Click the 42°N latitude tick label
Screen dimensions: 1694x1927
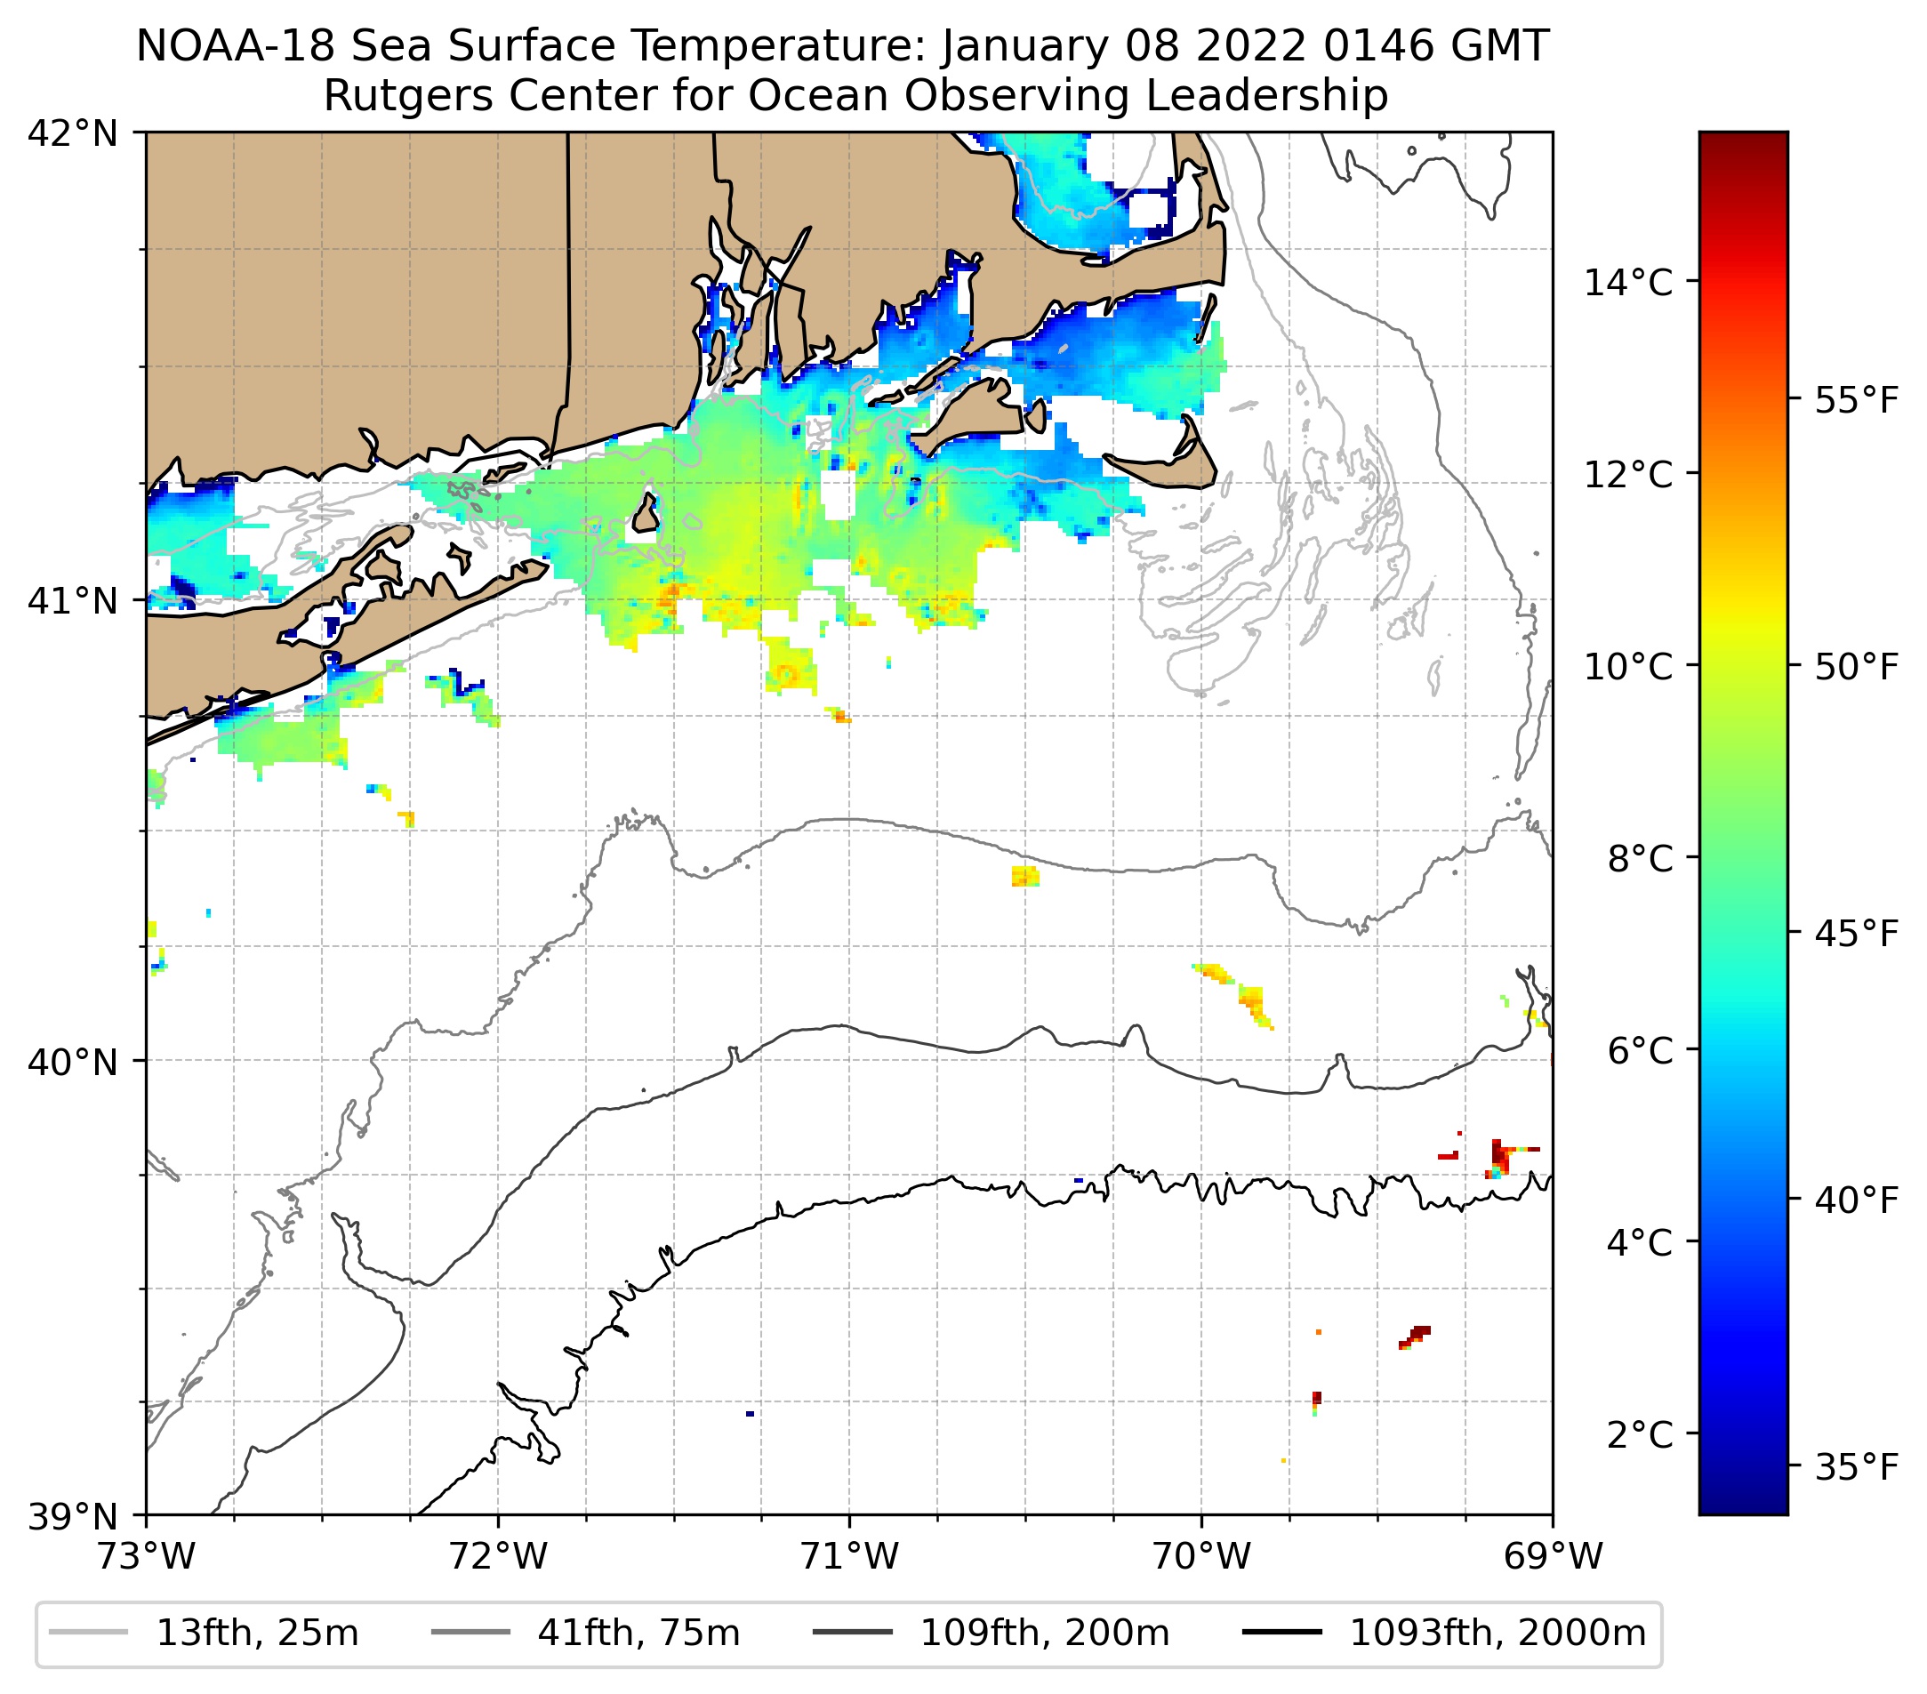click(73, 134)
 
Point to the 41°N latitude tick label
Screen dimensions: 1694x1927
click(73, 600)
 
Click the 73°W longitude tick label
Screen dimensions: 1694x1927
click(146, 1556)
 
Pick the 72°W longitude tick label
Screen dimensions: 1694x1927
click(498, 1556)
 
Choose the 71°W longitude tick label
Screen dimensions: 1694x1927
click(849, 1556)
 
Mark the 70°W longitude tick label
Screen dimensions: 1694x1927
click(1202, 1556)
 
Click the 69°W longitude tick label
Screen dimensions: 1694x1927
click(1553, 1556)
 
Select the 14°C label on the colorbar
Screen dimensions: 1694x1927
click(1628, 282)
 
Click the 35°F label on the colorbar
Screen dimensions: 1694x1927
click(1856, 1468)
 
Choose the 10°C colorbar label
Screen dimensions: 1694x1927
click(1628, 666)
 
